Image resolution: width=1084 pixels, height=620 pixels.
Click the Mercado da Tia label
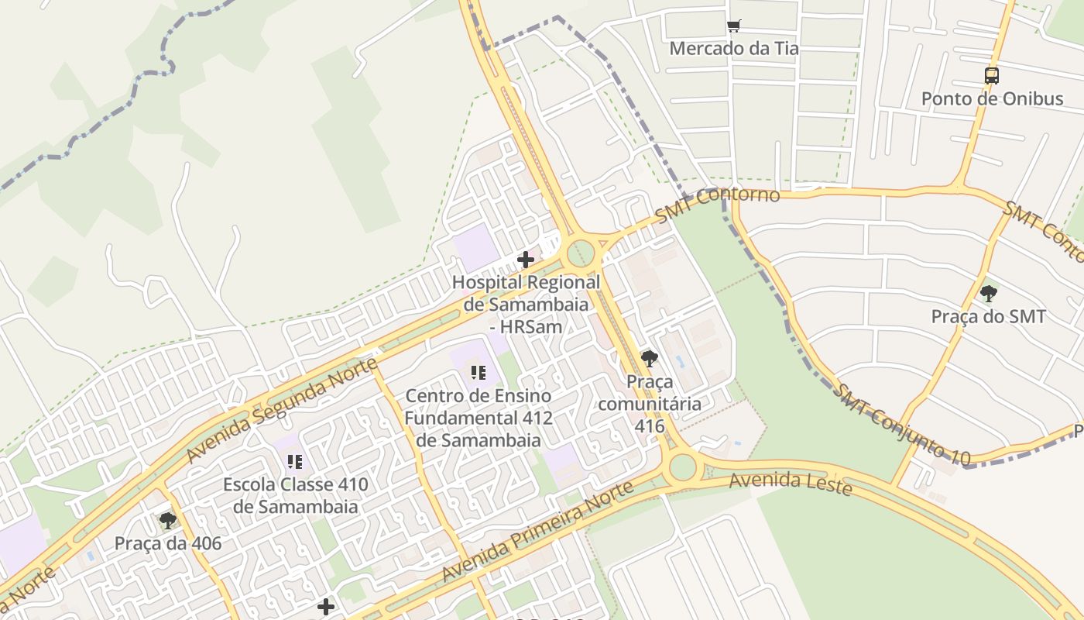pyautogui.click(x=733, y=48)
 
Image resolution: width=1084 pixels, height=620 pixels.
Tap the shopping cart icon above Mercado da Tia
pyautogui.click(x=734, y=26)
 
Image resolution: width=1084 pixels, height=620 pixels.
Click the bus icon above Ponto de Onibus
pyautogui.click(x=991, y=76)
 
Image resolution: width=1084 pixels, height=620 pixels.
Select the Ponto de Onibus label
pyautogui.click(x=992, y=98)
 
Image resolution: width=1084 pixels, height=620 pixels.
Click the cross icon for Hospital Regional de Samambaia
pyautogui.click(x=526, y=260)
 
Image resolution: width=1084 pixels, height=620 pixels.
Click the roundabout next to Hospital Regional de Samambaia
pyautogui.click(x=581, y=253)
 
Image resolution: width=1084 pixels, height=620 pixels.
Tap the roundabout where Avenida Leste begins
pyautogui.click(x=683, y=467)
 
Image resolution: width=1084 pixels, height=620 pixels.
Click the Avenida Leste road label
pyautogui.click(x=791, y=483)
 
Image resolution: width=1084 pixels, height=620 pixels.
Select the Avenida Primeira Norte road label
pyautogui.click(x=538, y=532)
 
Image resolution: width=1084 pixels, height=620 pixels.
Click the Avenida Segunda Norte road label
pyautogui.click(x=283, y=410)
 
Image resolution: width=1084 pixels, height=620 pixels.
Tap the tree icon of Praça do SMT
pyautogui.click(x=988, y=294)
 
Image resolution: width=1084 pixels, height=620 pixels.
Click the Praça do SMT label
pyautogui.click(x=988, y=316)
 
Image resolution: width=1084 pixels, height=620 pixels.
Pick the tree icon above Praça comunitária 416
pyautogui.click(x=649, y=358)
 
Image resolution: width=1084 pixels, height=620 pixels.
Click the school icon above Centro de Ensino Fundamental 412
pyautogui.click(x=479, y=373)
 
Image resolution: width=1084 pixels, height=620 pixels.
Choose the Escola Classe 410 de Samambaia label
pyautogui.click(x=295, y=496)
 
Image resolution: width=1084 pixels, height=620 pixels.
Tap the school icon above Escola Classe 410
pyautogui.click(x=295, y=462)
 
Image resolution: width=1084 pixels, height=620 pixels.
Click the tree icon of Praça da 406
pyautogui.click(x=167, y=520)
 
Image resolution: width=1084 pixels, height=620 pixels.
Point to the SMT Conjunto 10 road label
pyautogui.click(x=901, y=425)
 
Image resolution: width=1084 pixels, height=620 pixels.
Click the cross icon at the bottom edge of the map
pyautogui.click(x=326, y=606)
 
